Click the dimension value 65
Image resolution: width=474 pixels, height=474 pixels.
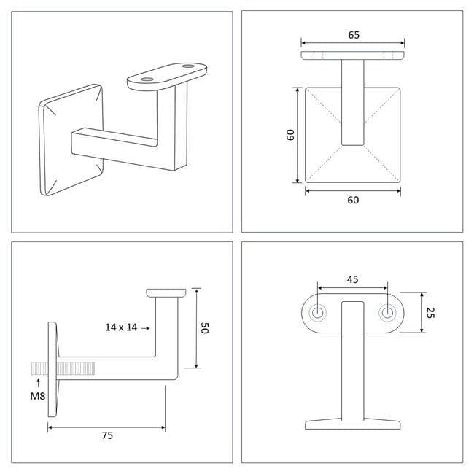click(354, 35)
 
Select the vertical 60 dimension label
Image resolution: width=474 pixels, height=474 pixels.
click(290, 135)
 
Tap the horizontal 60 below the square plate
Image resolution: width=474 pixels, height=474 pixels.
click(353, 200)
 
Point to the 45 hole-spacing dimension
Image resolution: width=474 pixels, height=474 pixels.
click(352, 279)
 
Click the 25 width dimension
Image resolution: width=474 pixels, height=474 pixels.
click(430, 313)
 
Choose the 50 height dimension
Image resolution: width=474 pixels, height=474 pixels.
click(205, 327)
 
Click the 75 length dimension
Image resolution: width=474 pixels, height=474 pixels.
click(107, 435)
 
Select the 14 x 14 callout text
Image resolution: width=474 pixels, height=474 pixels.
click(121, 327)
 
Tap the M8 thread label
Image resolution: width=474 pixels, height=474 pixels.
click(38, 396)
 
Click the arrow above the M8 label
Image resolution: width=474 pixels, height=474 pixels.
click(38, 382)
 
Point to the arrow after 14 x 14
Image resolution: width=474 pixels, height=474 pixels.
click(145, 328)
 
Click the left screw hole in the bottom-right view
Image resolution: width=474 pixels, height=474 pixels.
click(317, 313)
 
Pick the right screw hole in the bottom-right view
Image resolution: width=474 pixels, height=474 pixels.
click(387, 313)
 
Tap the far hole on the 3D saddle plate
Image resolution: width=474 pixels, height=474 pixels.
click(188, 66)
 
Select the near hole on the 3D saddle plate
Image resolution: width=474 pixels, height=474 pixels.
click(147, 79)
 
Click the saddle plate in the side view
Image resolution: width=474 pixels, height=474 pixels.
click(166, 292)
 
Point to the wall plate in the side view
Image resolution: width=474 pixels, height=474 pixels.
click(52, 370)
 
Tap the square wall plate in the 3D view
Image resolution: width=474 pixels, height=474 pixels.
click(71, 140)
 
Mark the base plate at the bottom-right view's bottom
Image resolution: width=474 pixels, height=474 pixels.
click(353, 424)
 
